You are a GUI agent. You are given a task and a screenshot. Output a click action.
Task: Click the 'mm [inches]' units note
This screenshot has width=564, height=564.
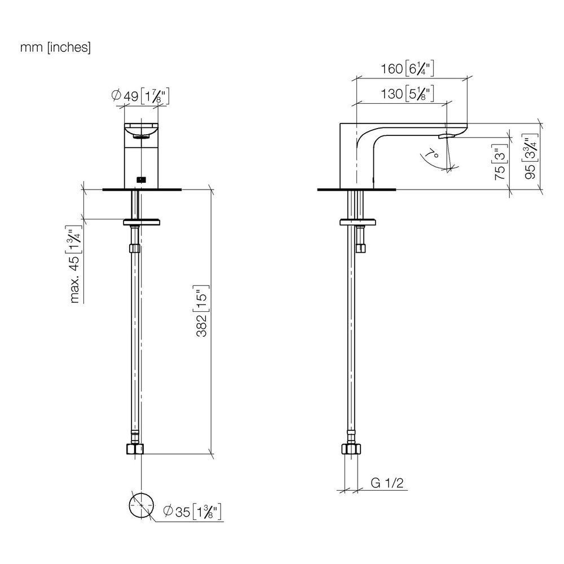55,47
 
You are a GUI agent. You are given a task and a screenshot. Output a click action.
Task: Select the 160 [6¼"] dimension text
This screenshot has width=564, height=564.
407,68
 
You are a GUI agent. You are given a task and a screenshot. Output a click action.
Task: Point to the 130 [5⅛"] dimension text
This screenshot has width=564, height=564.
407,94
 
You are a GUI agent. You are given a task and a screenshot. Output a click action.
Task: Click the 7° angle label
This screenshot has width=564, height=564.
431,153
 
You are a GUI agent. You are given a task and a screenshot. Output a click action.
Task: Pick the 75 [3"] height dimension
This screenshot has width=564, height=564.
500,162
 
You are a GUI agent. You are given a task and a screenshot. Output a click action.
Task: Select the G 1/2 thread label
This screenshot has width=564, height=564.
387,483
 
